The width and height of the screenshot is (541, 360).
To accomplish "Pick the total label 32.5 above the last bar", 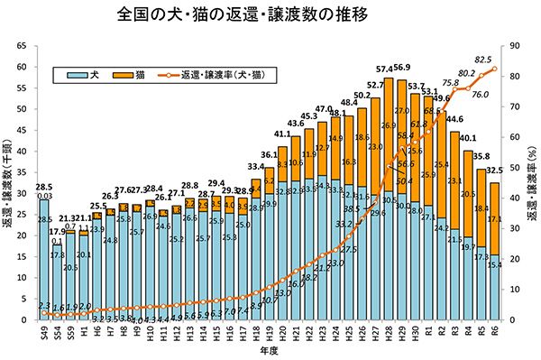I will click(494, 171).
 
